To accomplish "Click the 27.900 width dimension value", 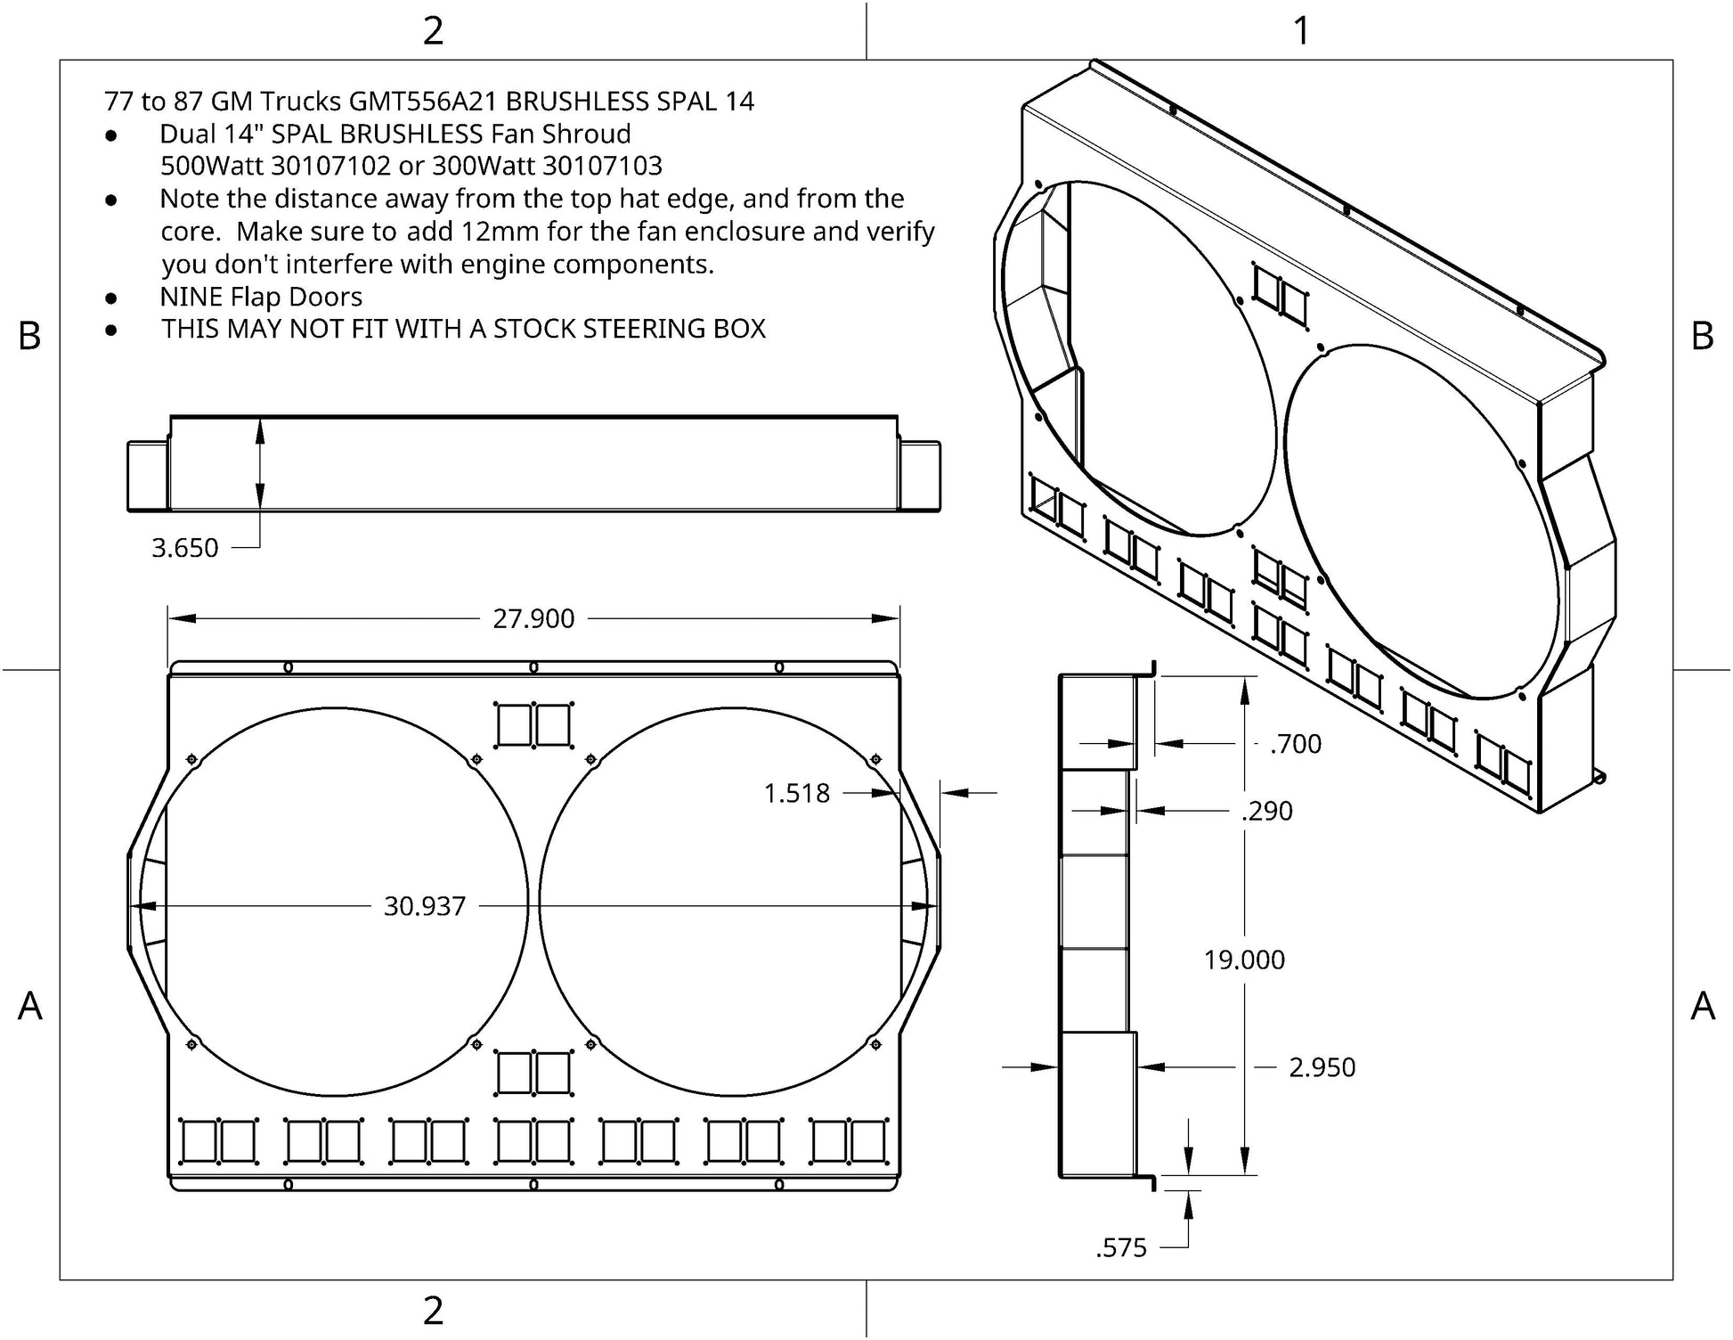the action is pos(533,618).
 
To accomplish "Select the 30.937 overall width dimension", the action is pos(425,906).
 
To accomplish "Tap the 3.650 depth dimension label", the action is pos(184,547).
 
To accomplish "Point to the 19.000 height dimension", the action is pos(1244,960).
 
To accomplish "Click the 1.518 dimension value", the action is pos(796,793).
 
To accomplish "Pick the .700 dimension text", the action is pos(1296,743).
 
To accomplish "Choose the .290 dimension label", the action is pos(1267,811).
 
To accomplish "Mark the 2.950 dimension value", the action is pos(1322,1066).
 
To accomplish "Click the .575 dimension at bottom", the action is pos(1121,1247).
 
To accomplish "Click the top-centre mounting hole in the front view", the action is pos(533,667).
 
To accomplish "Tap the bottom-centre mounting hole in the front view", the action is pos(533,1184).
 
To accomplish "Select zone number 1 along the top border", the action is pos(1301,31).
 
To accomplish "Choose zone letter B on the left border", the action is pos(29,336).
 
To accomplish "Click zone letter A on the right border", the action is pos(1703,1006).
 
